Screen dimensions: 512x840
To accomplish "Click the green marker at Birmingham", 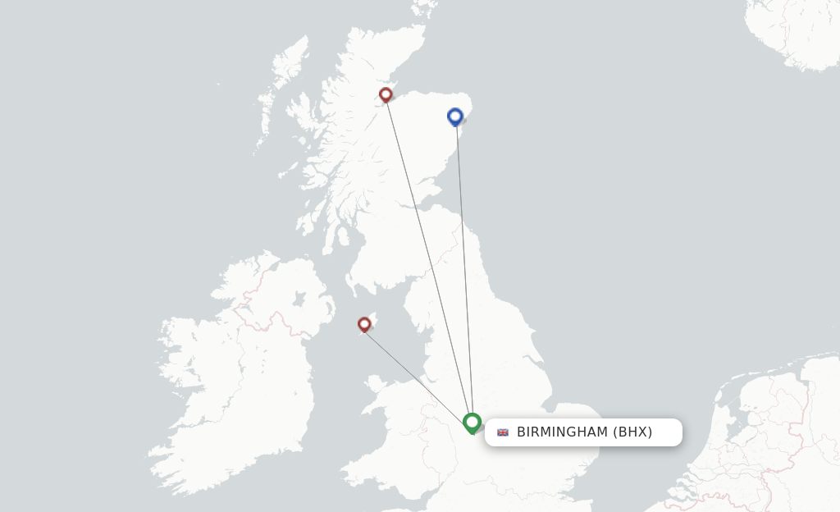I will pyautogui.click(x=472, y=423).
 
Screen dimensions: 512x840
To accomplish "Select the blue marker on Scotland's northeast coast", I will pyautogui.click(x=455, y=117).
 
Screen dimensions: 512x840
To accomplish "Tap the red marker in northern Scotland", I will pyautogui.click(x=386, y=94).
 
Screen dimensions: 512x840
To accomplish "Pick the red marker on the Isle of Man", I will pyautogui.click(x=364, y=324).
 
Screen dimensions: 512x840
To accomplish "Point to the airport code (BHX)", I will pyautogui.click(x=632, y=432).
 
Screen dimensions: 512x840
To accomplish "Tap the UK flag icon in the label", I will pyautogui.click(x=503, y=432).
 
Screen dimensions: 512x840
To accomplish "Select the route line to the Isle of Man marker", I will pyautogui.click(x=418, y=375).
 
